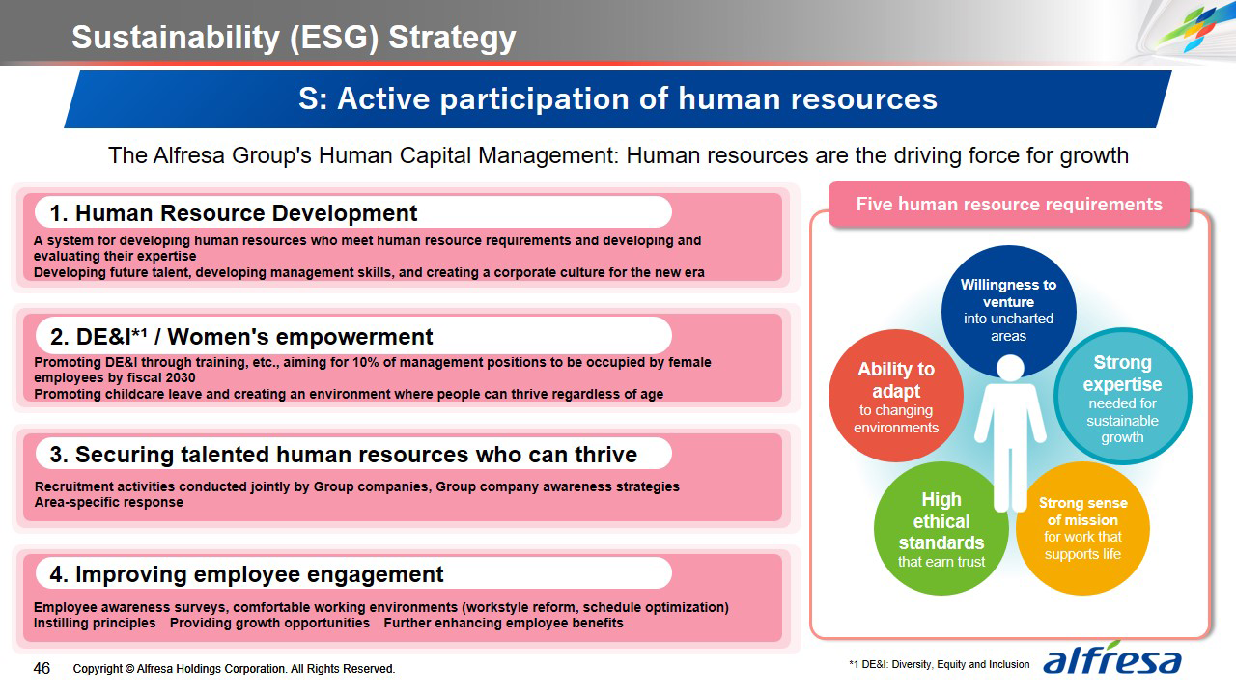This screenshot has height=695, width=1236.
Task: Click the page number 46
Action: tap(42, 669)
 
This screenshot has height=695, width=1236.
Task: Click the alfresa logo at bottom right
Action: tap(1112, 658)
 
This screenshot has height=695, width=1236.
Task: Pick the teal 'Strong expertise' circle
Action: tap(1122, 396)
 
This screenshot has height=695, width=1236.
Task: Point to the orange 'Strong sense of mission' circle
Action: tap(1082, 528)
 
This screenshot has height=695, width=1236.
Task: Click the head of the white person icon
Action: tap(1010, 368)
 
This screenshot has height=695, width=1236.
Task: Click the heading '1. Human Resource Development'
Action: tap(234, 213)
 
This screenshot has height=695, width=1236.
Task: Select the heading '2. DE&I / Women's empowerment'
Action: tap(241, 337)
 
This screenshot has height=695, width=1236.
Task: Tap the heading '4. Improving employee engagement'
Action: tap(246, 574)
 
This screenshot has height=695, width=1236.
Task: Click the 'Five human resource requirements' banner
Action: tap(1009, 204)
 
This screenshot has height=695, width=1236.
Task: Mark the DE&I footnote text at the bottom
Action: tap(940, 665)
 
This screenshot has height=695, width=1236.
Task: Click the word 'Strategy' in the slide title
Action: tap(452, 38)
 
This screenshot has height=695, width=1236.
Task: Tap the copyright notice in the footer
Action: tap(234, 669)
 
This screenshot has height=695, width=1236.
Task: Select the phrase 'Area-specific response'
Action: tap(109, 503)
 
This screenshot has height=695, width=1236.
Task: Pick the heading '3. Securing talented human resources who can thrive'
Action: tap(343, 455)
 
